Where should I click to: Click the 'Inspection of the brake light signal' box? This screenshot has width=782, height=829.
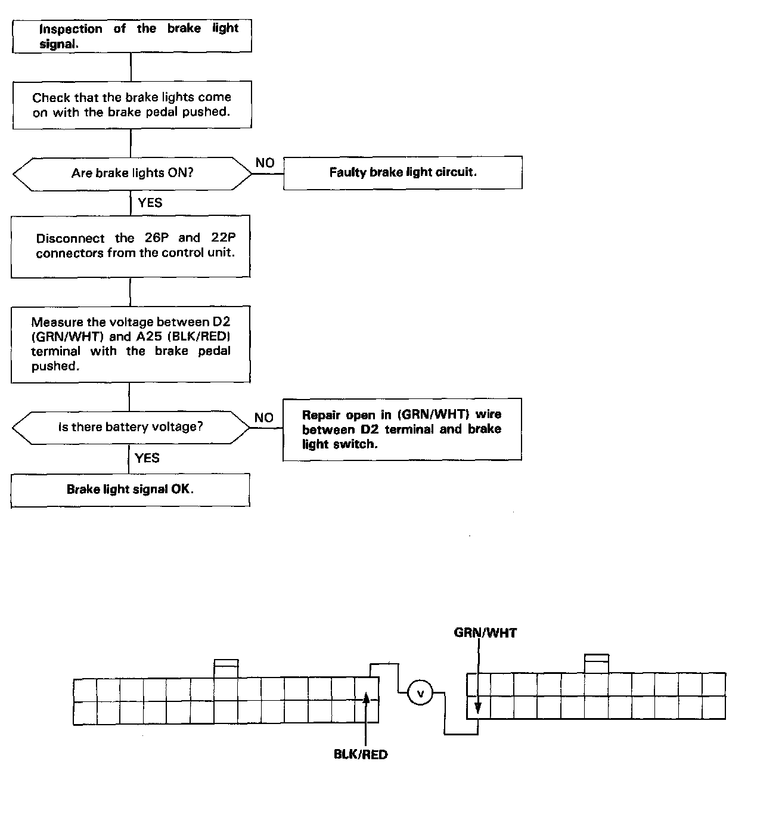(132, 36)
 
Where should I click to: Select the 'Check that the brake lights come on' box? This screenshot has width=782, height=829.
(132, 104)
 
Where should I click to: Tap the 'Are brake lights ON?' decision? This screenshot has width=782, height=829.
(132, 174)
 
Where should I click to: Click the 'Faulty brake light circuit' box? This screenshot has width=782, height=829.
(402, 173)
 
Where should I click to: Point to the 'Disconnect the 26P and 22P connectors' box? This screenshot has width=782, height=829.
(131, 246)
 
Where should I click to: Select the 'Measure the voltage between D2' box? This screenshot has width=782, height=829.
(131, 344)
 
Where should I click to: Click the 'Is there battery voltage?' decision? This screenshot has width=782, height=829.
(131, 427)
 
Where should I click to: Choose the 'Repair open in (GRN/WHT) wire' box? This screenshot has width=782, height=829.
(402, 429)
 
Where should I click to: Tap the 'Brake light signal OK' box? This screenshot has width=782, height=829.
(131, 490)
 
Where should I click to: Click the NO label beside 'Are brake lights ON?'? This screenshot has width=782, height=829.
(265, 163)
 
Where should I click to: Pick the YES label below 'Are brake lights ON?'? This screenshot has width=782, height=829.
(150, 203)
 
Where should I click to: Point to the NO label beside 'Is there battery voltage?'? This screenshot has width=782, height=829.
(263, 417)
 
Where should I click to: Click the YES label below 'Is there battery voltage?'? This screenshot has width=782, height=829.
(147, 458)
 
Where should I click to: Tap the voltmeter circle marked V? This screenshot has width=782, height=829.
(420, 693)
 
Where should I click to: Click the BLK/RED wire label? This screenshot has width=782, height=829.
(361, 754)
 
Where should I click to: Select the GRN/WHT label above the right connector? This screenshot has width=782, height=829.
(485, 633)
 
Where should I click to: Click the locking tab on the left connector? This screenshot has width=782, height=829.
(226, 668)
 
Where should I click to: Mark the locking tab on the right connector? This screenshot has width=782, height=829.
(597, 663)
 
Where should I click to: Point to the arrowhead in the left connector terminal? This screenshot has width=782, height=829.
(367, 698)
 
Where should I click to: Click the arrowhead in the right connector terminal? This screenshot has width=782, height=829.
(478, 709)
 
